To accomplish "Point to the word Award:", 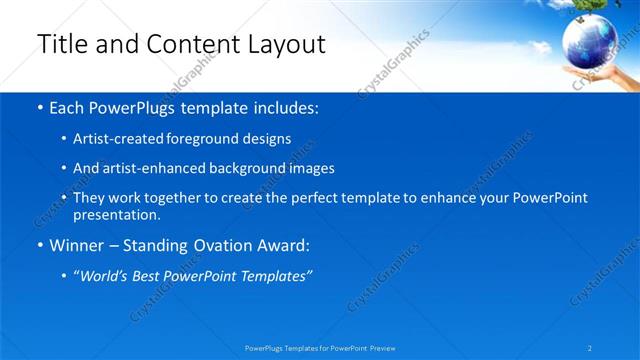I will pos(280,244).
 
